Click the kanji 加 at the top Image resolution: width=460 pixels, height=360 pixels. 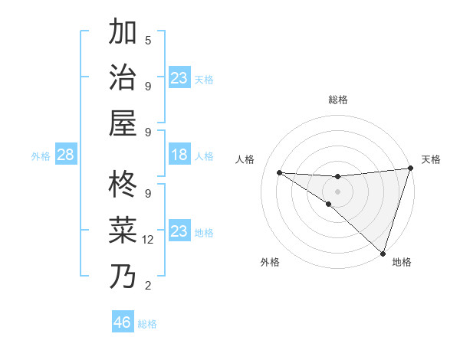coord(123,32)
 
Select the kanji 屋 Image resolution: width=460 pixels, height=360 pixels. coord(123,123)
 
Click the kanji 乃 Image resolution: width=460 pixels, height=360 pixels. coord(123,276)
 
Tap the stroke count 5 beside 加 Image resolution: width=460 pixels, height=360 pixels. coord(148,40)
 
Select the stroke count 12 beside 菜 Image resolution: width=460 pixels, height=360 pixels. coord(148,240)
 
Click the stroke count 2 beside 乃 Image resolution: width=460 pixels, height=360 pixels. coord(148,286)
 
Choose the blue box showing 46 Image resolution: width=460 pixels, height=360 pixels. coord(123,322)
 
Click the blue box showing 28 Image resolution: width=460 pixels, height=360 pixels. coord(66,155)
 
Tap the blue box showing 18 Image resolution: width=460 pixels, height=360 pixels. coord(179,155)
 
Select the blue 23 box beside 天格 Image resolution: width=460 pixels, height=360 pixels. coord(179,78)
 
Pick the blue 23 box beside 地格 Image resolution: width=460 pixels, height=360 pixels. coord(179,231)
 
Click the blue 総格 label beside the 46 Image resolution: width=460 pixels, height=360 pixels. coord(147,324)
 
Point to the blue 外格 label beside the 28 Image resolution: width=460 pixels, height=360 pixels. coord(41,156)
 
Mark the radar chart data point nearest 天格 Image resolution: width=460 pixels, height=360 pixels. coord(410,169)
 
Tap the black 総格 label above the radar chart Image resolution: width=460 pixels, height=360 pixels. coord(337,100)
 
